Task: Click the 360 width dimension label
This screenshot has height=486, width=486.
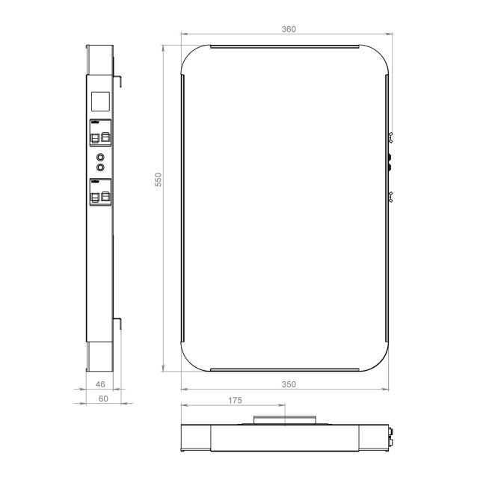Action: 289,29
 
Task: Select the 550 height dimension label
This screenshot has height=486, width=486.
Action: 158,180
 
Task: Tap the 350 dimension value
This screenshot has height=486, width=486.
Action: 289,384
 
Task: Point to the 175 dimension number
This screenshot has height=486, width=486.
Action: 234,401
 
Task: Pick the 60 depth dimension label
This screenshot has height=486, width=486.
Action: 103,399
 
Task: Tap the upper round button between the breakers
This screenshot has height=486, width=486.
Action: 101,157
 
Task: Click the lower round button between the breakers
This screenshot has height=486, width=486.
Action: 101,167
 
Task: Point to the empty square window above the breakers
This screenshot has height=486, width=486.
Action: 101,102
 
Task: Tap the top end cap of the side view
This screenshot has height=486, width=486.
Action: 100,60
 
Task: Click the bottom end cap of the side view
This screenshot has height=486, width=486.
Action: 100,357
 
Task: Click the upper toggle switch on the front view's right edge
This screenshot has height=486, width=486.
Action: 390,137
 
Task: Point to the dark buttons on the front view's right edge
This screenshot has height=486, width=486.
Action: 389,162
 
